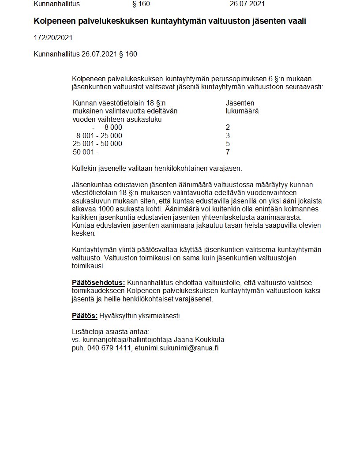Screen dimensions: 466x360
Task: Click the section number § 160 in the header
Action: click(141, 4)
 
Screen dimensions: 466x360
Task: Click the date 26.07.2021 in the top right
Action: click(247, 4)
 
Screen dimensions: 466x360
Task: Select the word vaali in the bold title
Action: click(296, 21)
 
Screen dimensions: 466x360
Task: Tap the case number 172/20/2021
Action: click(53, 38)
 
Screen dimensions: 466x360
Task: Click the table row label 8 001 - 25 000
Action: click(99, 135)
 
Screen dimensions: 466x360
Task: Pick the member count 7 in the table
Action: click(228, 152)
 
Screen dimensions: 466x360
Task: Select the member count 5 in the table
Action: click(228, 144)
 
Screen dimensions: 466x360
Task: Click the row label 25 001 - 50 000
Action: click(97, 144)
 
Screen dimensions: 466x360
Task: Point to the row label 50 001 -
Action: click(86, 152)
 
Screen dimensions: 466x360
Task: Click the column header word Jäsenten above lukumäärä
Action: click(240, 103)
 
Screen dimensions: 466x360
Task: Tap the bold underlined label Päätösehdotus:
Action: click(98, 282)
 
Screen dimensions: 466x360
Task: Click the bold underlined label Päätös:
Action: click(85, 316)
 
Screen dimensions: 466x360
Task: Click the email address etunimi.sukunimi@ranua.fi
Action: click(176, 348)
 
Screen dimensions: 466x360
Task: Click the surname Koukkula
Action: click(209, 340)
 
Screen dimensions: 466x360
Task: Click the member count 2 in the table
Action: click(228, 128)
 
